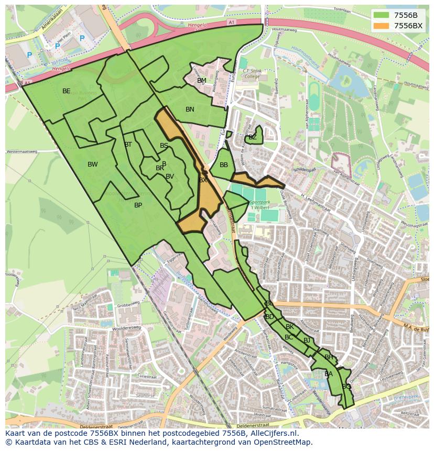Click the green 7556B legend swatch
pos(382,15)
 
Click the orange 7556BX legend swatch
pos(382,26)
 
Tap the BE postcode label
pos(66,91)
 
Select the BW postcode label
pos(92,164)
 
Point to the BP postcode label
pos(138,205)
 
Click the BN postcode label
pos(190,109)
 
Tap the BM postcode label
pos(202,81)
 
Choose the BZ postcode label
pos(253,137)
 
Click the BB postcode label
pos(224,165)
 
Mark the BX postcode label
pos(202,180)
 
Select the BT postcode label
pos(128,145)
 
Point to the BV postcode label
pos(169,177)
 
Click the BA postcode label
pos(328,374)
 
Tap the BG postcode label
pos(346,387)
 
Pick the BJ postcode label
pos(307,340)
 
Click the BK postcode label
pos(290,327)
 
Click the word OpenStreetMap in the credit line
pos(281,442)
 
